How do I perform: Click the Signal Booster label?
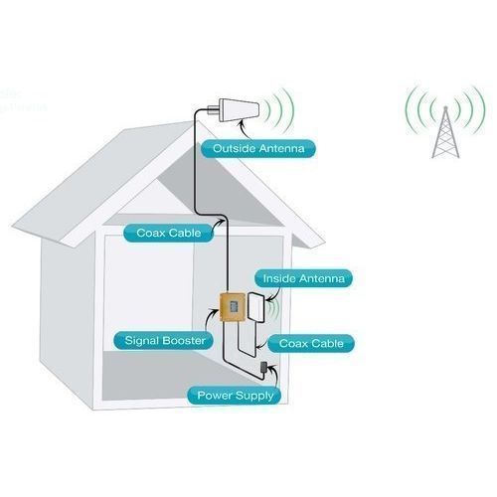[164, 341]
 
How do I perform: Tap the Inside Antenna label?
[301, 278]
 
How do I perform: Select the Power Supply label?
[236, 395]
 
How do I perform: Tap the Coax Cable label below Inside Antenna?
[310, 344]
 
